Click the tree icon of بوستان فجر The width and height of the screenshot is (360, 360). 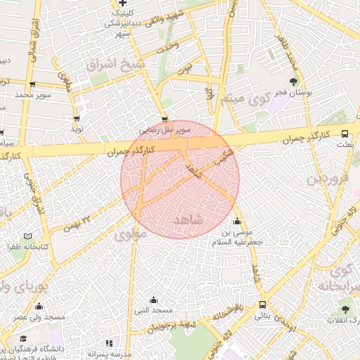[x=294, y=82]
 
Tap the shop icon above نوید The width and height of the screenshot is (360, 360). [x=76, y=119]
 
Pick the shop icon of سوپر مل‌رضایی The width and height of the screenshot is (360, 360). [x=165, y=120]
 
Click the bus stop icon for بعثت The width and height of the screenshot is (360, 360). [x=345, y=133]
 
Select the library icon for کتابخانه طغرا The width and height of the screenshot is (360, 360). [x=27, y=236]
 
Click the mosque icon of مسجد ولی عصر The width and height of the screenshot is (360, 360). [x=37, y=307]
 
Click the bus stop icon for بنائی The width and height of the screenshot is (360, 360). [x=262, y=305]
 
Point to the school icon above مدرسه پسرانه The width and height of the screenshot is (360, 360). [x=108, y=342]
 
